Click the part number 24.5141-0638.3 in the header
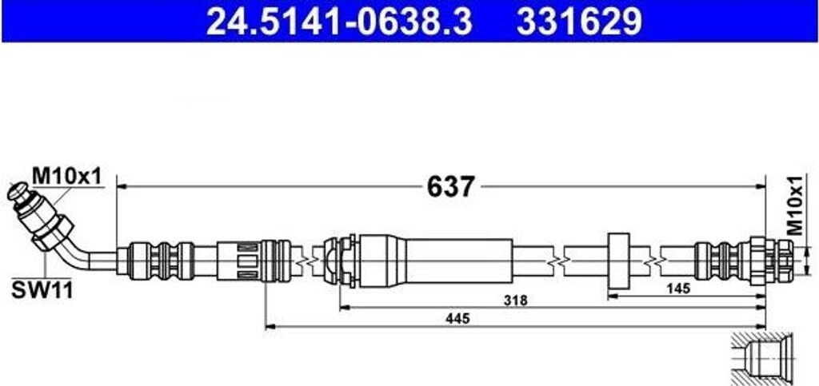point(339,22)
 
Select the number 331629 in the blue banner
point(579,22)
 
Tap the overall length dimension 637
point(451,186)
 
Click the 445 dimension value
point(457,317)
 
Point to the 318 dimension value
point(516,300)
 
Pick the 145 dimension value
point(678,288)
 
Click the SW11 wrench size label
point(42,291)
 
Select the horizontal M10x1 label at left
point(66,176)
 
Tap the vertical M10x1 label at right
point(795,205)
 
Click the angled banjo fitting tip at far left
point(19,193)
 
